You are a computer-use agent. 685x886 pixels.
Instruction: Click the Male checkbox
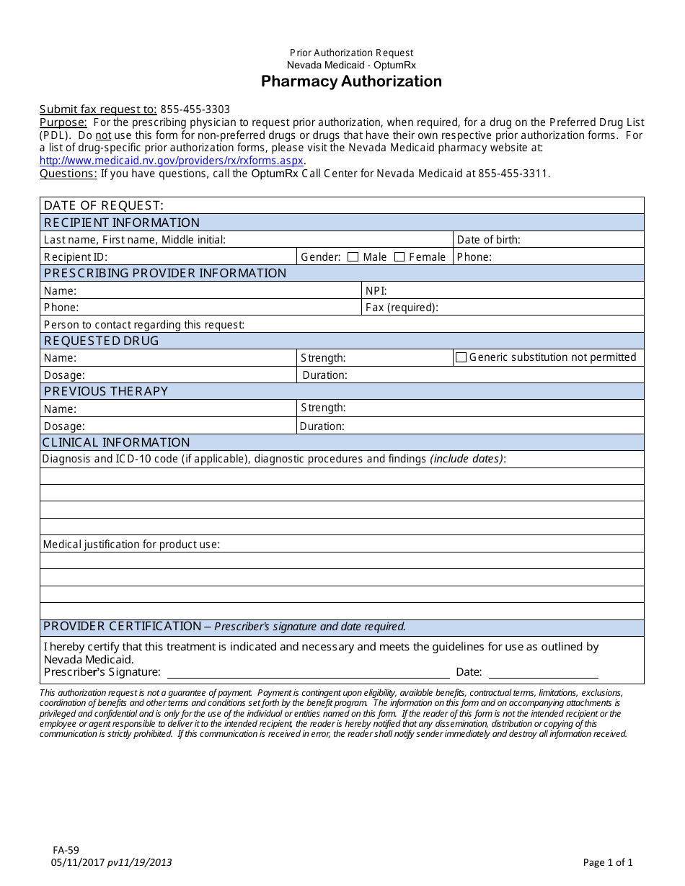coord(353,257)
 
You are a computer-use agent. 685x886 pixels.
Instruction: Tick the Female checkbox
coord(399,257)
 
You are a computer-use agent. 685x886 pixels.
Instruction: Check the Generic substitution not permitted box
coord(461,357)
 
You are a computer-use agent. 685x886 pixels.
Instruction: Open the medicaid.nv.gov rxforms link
coord(172,161)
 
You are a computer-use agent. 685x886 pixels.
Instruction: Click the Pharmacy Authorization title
coord(351,81)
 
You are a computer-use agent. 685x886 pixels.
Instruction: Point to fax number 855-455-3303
coord(195,109)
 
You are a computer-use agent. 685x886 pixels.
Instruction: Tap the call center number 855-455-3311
coord(513,174)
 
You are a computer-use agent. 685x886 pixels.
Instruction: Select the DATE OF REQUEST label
coord(104,206)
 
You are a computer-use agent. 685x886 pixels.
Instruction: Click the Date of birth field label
coord(488,240)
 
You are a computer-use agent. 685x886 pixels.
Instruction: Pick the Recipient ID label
coord(76,257)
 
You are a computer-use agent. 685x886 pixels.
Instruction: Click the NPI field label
coord(376,291)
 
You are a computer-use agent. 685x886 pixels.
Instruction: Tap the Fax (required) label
coord(402,308)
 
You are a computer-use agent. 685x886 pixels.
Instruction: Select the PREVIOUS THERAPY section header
coord(106,391)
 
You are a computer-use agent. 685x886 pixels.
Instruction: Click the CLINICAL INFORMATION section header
coord(116,442)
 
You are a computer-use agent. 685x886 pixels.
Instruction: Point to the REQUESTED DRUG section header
coord(102,341)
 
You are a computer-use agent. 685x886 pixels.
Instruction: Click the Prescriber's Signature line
coord(309,673)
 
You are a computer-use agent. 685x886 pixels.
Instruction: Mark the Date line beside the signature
coord(544,673)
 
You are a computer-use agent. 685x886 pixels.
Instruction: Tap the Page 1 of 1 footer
coord(608,862)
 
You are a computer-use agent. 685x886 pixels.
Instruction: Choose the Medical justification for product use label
coord(131,545)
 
